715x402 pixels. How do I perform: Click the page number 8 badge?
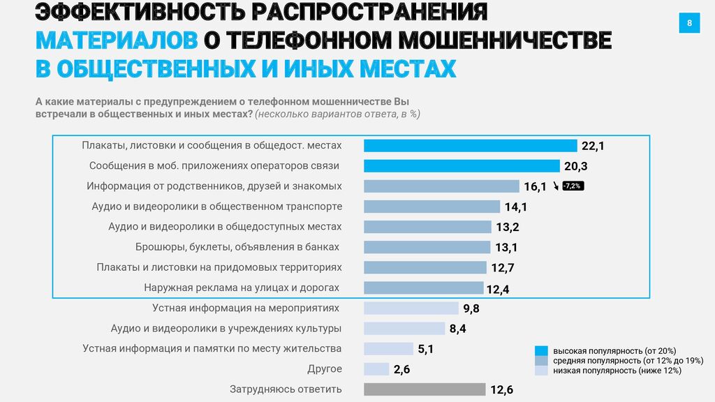pos(689,24)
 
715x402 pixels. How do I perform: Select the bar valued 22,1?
pos(470,146)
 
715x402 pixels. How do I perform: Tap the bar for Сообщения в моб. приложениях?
pos(462,166)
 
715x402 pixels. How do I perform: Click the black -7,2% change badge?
pos(573,186)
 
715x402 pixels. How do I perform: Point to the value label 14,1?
pos(515,207)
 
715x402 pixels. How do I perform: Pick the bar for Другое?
pos(376,369)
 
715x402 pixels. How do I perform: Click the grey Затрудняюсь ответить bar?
pos(425,389)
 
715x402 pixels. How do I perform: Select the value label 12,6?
pos(501,390)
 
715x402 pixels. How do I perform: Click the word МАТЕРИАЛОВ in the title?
pos(117,40)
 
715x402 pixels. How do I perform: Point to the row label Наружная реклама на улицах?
pos(242,288)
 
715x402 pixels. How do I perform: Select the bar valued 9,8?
pos(411,308)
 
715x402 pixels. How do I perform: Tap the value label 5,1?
pos(426,350)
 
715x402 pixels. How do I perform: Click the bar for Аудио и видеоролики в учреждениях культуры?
pos(404,329)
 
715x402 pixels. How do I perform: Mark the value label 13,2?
pos(508,228)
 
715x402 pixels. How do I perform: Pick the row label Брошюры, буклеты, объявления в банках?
pos(237,247)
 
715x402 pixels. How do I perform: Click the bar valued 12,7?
pos(425,267)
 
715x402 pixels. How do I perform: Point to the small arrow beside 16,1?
pos(556,186)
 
